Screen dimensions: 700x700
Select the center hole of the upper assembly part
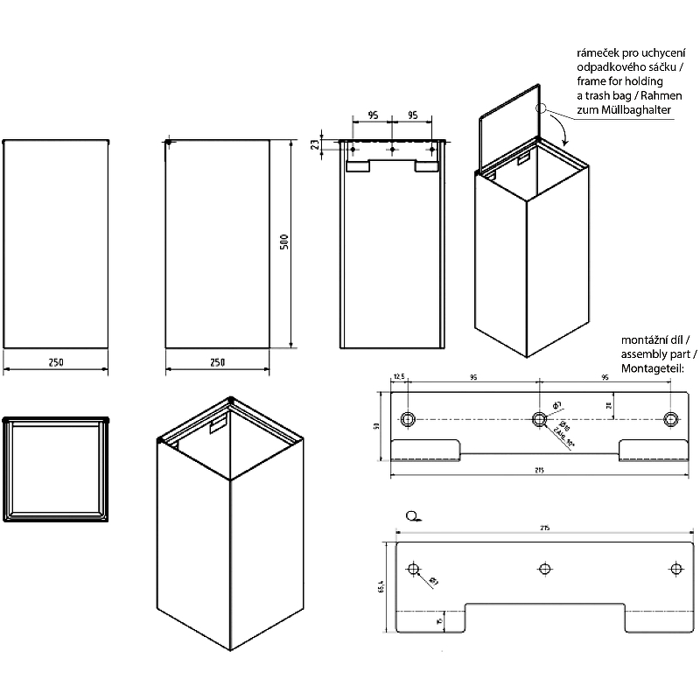539,417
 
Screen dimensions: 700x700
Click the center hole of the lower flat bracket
544,570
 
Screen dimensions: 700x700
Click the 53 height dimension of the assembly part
377,426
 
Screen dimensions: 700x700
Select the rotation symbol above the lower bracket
413,516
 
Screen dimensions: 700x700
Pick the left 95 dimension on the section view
372,115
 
